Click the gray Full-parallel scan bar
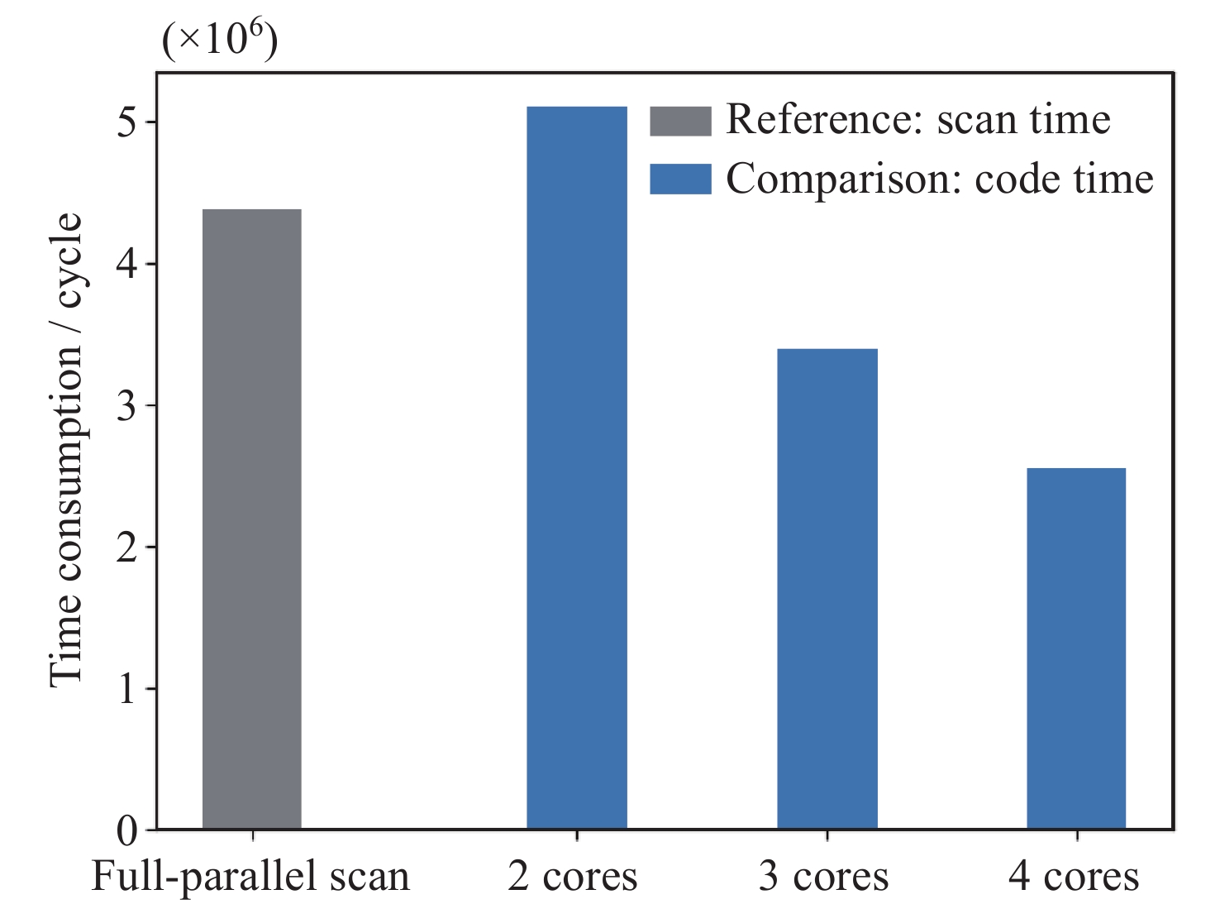[x=252, y=519]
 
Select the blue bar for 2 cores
[x=577, y=467]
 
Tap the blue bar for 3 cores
[x=827, y=588]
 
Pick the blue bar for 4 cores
[x=1076, y=648]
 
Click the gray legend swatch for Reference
[x=680, y=121]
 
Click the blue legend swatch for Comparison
[x=680, y=179]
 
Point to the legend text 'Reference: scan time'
[x=917, y=120]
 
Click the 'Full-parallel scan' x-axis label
[x=250, y=877]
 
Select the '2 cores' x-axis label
[x=573, y=877]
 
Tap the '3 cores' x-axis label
[x=823, y=877]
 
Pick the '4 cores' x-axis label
[x=1073, y=877]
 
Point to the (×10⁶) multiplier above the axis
[x=220, y=40]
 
